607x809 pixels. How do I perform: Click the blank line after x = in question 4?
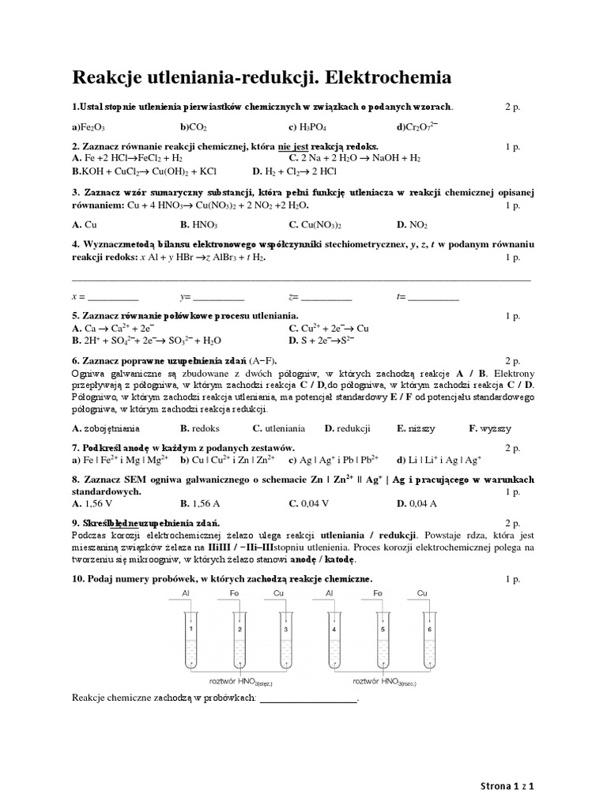pyautogui.click(x=112, y=297)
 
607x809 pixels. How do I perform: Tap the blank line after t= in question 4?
pyautogui.click(x=432, y=297)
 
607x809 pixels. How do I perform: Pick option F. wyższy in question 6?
pyautogui.click(x=489, y=428)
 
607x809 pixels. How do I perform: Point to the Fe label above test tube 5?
pyautogui.click(x=379, y=592)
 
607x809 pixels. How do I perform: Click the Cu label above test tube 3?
pyautogui.click(x=278, y=592)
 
